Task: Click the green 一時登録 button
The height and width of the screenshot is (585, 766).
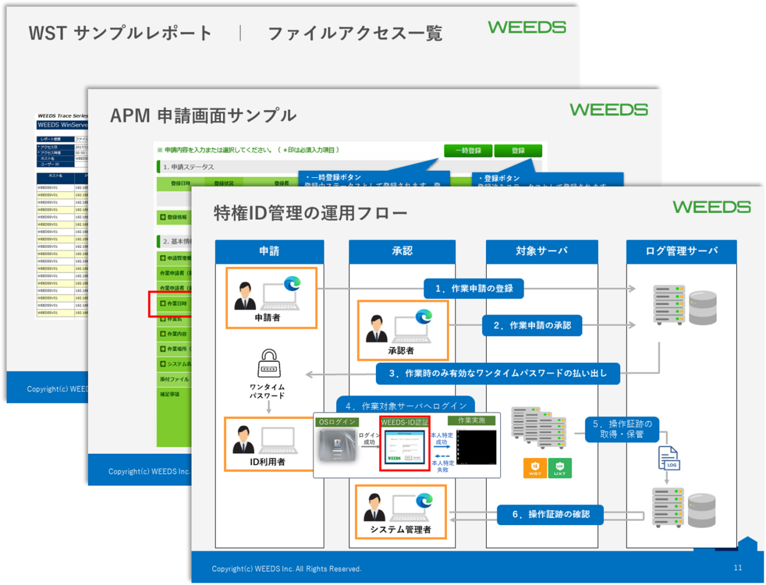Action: [467, 151]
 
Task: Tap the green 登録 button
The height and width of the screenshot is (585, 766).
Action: [518, 151]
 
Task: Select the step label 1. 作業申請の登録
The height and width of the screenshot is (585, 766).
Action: [474, 289]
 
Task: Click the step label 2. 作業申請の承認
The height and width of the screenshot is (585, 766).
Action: [532, 325]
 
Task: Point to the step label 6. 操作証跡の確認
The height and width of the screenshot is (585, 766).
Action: [551, 514]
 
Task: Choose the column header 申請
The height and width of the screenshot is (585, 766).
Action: [269, 251]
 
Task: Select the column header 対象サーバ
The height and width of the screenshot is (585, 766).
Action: [542, 251]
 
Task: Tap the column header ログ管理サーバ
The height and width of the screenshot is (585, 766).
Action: [681, 251]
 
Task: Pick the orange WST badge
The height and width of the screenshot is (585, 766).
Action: [535, 468]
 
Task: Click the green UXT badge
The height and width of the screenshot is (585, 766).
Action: [560, 468]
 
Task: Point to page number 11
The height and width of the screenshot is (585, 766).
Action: [737, 568]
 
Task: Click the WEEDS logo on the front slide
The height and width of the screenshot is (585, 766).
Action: [711, 207]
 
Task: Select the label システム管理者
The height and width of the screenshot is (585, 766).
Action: [400, 530]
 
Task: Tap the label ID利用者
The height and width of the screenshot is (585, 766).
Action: [268, 462]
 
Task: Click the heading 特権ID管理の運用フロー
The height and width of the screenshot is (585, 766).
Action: [311, 213]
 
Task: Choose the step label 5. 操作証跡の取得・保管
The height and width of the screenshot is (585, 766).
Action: [622, 429]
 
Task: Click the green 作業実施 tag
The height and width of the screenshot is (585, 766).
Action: [471, 421]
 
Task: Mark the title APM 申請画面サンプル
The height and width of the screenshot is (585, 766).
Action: [203, 116]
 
